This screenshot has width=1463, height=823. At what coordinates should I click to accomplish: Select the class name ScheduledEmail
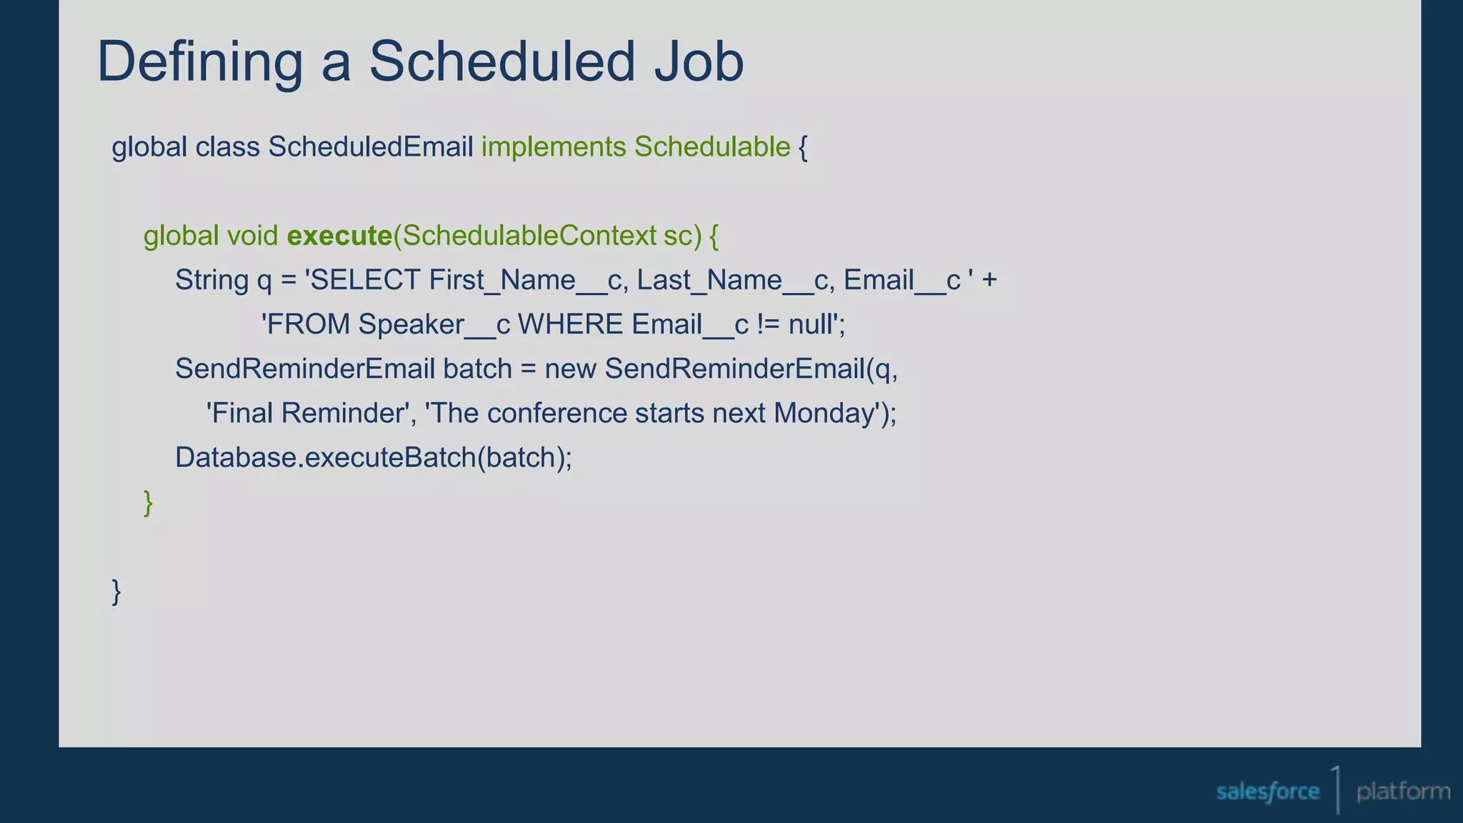[371, 147]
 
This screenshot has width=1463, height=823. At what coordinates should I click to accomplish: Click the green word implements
[554, 147]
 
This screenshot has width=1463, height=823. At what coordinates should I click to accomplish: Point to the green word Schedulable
[712, 147]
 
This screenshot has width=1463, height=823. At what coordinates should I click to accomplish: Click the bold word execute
[339, 236]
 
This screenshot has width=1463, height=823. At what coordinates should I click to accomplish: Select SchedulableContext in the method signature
[529, 236]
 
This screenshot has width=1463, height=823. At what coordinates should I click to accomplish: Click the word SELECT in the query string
[366, 280]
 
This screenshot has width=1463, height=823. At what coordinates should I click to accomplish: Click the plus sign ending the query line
[989, 280]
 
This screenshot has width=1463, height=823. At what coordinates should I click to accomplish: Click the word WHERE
[570, 325]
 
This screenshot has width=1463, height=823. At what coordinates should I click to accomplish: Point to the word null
[811, 325]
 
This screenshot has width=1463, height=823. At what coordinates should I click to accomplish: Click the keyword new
[570, 369]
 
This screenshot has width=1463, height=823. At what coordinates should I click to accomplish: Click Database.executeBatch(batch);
[374, 458]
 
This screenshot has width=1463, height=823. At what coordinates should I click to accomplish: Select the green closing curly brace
[149, 503]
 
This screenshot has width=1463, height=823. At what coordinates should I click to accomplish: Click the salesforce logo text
[1267, 792]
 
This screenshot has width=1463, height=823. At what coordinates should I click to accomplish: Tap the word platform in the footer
[1403, 792]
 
